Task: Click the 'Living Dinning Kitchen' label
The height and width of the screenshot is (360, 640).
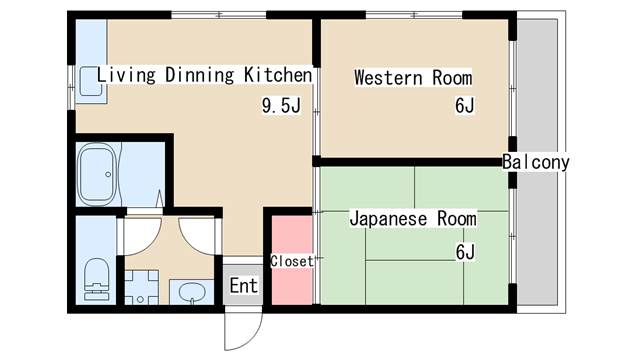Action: point(205,75)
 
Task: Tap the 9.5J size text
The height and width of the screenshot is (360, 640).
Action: point(281,105)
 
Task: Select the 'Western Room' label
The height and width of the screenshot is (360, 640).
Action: point(413,78)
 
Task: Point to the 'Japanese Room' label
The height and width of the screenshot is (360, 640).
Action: point(413,218)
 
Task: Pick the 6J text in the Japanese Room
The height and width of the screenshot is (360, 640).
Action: point(465,251)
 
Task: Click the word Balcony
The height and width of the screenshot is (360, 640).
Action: point(536,162)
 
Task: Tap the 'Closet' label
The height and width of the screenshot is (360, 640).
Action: point(292,261)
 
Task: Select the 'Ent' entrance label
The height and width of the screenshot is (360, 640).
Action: point(244,286)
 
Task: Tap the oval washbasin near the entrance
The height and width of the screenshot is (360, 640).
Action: point(191,292)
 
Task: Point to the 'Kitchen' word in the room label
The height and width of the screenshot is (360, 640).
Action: point(279,75)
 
